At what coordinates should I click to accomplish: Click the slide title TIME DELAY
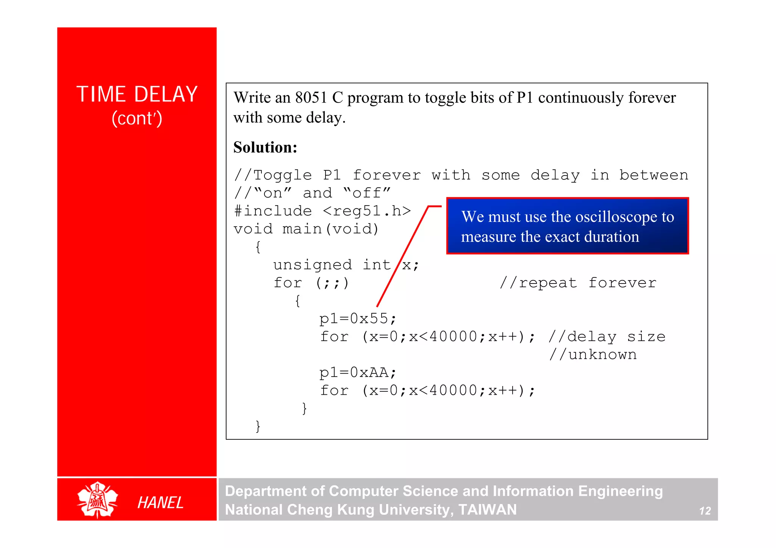pyautogui.click(x=137, y=94)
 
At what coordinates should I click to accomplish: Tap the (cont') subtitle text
pyautogui.click(x=137, y=118)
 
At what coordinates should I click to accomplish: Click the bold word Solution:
pyautogui.click(x=265, y=147)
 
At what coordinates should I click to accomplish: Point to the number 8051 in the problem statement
pyautogui.click(x=311, y=98)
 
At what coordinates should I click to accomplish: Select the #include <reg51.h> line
pyautogui.click(x=322, y=211)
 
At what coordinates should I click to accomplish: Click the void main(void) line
pyautogui.click(x=306, y=229)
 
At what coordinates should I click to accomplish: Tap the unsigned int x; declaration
pyautogui.click(x=346, y=265)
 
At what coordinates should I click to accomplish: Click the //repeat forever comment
pyautogui.click(x=578, y=283)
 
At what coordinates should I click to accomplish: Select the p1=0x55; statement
pyautogui.click(x=358, y=319)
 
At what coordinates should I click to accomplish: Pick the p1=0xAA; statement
pyautogui.click(x=358, y=373)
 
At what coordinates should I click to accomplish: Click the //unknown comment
pyautogui.click(x=593, y=355)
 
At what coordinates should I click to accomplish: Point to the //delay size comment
pyautogui.click(x=607, y=337)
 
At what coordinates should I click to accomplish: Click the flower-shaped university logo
pyautogui.click(x=97, y=500)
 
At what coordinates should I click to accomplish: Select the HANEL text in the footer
pyautogui.click(x=160, y=503)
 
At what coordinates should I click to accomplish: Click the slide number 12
pyautogui.click(x=705, y=511)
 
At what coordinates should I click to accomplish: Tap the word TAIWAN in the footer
pyautogui.click(x=487, y=510)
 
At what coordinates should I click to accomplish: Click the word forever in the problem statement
pyautogui.click(x=652, y=98)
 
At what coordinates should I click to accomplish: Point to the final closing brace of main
pyautogui.click(x=258, y=427)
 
